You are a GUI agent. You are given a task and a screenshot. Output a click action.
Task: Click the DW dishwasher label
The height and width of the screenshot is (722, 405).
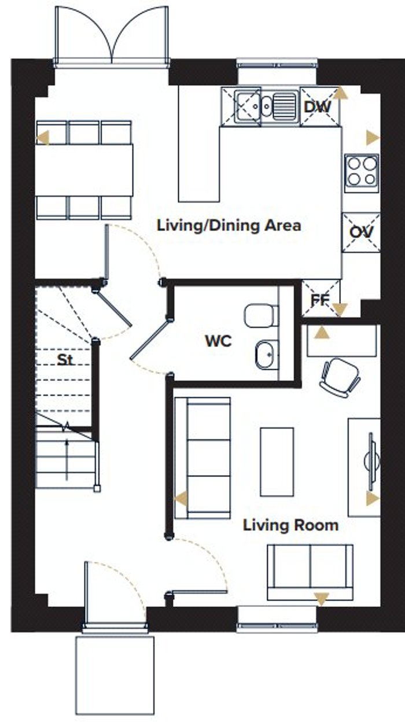pyautogui.click(x=317, y=107)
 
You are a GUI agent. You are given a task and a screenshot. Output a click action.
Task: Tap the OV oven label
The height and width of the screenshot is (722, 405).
pyautogui.click(x=361, y=232)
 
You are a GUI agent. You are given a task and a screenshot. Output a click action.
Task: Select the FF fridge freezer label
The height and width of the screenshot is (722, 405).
pyautogui.click(x=320, y=300)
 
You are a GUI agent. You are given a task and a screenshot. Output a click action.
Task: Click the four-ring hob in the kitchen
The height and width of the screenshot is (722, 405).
pyautogui.click(x=362, y=174)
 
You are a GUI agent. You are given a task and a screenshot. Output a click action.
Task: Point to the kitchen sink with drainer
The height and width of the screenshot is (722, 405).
pyautogui.click(x=266, y=105)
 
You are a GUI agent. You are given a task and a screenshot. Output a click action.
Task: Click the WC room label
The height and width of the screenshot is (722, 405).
pyautogui.click(x=219, y=341)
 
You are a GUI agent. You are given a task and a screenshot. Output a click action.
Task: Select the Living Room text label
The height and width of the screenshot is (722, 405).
pyautogui.click(x=290, y=525)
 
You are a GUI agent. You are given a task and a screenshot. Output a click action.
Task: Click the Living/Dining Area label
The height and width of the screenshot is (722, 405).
pyautogui.click(x=229, y=226)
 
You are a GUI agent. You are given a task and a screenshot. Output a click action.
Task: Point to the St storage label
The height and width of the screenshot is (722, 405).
pyautogui.click(x=65, y=360)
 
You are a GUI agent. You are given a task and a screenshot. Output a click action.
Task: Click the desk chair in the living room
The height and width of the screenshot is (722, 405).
pyautogui.click(x=340, y=378)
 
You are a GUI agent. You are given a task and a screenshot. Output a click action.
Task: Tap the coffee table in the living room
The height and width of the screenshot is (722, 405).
pyautogui.click(x=277, y=462)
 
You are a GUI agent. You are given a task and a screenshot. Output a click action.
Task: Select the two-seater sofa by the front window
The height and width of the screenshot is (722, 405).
pyautogui.click(x=310, y=572)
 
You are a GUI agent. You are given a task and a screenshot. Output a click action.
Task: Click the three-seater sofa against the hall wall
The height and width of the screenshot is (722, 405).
pyautogui.click(x=203, y=458)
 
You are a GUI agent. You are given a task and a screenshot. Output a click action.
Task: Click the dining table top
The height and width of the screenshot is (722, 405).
pyautogui.click(x=84, y=170)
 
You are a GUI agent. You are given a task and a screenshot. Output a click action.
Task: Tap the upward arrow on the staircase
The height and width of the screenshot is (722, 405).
pyautogui.click(x=67, y=459)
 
